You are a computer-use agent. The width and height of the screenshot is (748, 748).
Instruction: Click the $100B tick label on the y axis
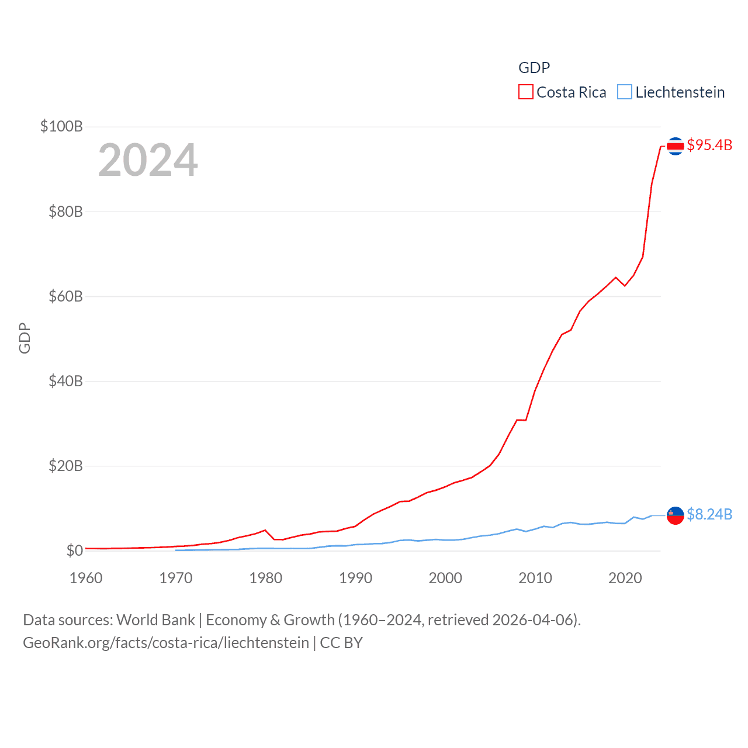(x=61, y=126)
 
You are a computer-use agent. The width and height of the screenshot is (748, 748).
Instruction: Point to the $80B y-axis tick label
(x=65, y=212)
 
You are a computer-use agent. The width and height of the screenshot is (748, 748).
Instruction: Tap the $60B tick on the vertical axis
(x=65, y=296)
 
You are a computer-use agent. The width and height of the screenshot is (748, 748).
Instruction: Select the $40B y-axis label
(x=65, y=381)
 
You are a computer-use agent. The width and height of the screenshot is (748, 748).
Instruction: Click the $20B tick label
(x=65, y=466)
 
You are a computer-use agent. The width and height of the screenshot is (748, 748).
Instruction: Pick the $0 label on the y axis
(x=74, y=550)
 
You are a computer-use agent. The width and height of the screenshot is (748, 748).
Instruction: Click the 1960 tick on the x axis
(x=86, y=578)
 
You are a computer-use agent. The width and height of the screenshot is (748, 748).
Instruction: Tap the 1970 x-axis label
(x=176, y=578)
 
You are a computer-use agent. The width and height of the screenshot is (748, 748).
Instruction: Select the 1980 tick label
(x=266, y=578)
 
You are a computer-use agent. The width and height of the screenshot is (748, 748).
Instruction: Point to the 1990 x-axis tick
(x=355, y=578)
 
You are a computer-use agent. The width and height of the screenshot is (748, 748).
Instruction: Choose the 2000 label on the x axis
(x=445, y=578)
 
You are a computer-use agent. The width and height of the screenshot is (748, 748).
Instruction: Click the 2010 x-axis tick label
(x=535, y=578)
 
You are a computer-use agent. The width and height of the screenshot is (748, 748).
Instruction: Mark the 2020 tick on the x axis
(x=625, y=578)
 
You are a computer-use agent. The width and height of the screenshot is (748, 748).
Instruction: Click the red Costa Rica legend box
(x=526, y=92)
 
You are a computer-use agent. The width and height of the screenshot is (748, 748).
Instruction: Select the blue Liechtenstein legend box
(x=625, y=92)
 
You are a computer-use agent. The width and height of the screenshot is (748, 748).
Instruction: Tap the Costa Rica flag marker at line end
(x=675, y=146)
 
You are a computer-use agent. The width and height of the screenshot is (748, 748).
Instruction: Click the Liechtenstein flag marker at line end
(x=675, y=515)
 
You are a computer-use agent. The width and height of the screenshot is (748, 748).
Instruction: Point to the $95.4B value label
(x=709, y=145)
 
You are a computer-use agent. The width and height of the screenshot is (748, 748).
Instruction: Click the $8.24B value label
(x=709, y=514)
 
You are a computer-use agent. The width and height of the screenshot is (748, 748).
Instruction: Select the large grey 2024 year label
(x=148, y=160)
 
